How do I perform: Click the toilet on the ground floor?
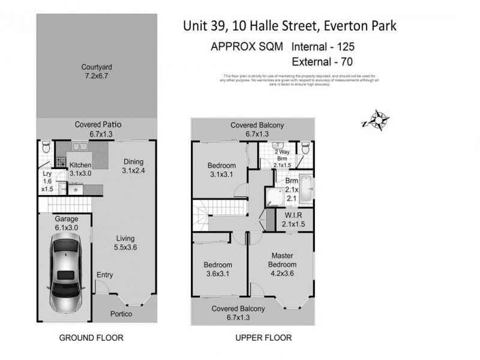[45, 148]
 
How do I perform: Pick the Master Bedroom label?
[282, 260]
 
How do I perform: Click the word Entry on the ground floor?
[104, 275]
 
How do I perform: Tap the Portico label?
[121, 314]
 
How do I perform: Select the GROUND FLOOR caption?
[91, 338]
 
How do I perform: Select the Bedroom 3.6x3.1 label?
[218, 269]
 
